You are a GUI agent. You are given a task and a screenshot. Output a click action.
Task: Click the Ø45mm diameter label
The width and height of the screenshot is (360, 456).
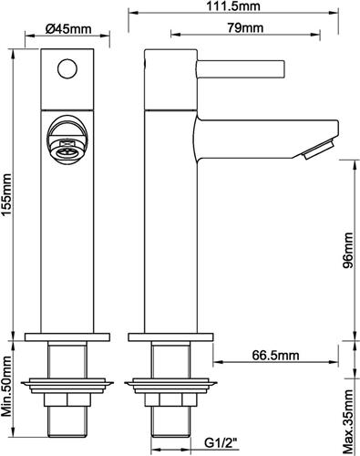[x=70, y=29]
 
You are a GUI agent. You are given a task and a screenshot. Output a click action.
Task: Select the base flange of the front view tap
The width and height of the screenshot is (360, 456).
[x=69, y=336]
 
